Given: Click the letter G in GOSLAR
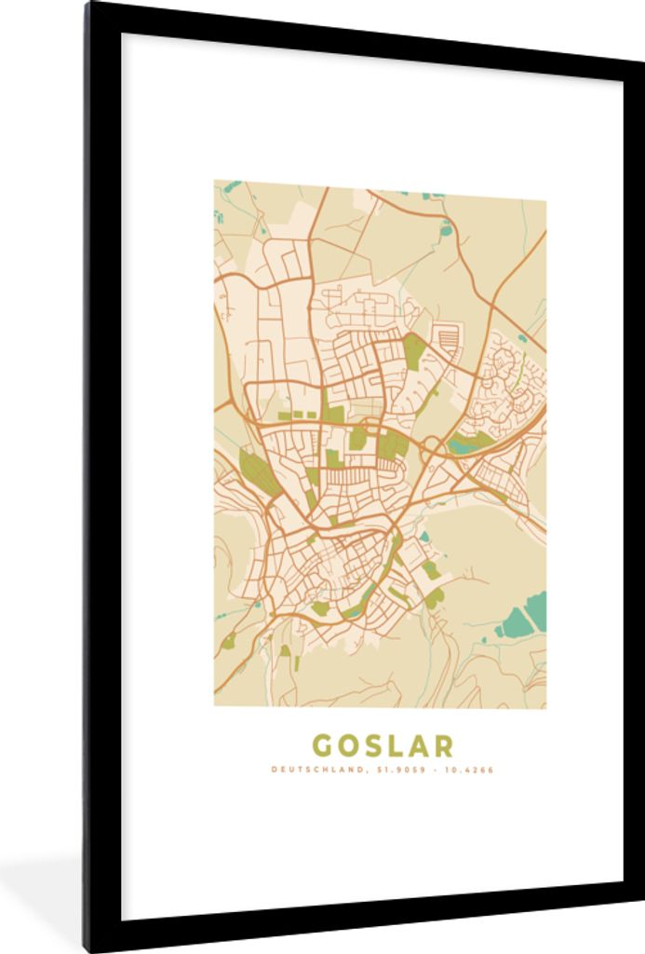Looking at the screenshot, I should pyautogui.click(x=322, y=745).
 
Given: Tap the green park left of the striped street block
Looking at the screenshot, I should pyautogui.click(x=413, y=349).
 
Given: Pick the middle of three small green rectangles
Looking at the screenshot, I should pyautogui.click(x=298, y=413).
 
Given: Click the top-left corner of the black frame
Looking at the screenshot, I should pyautogui.click(x=89, y=6).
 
